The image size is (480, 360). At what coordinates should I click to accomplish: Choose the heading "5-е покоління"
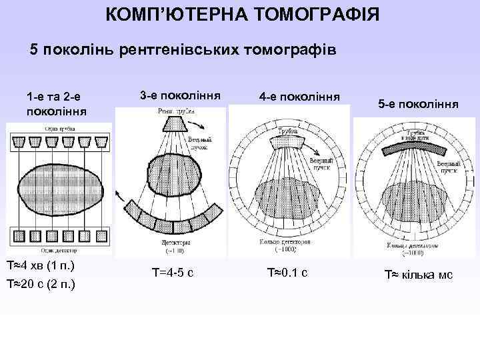coord(417,105)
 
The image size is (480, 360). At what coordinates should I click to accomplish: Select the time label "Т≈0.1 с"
coord(287,272)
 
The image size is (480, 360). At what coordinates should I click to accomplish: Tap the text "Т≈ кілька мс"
coord(417,274)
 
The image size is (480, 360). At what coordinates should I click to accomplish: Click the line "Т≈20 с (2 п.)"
coord(41,285)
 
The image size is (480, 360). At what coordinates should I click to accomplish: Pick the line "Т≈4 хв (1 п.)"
coord(41,267)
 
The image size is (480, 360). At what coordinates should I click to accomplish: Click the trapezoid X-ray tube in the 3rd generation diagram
coord(172,124)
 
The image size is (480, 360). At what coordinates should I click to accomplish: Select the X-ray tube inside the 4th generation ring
coord(288,142)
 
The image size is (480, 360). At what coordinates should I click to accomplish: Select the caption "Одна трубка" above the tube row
coord(39,127)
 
